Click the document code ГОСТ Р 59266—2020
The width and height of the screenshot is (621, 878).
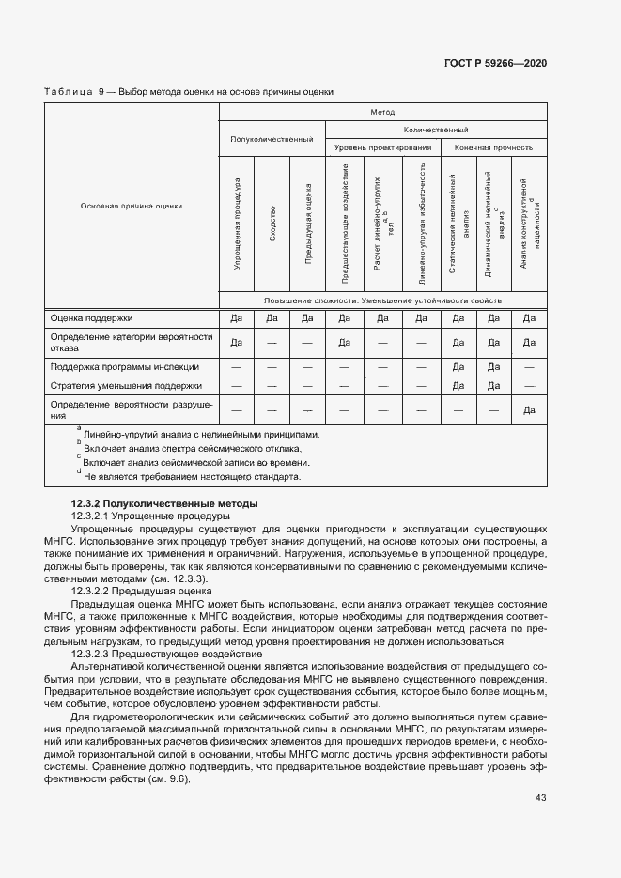(x=495, y=63)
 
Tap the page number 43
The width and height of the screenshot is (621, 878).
(x=541, y=798)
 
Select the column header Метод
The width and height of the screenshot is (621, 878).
(x=382, y=111)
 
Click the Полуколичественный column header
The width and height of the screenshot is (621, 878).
(x=272, y=139)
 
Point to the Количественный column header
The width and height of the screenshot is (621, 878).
(x=435, y=130)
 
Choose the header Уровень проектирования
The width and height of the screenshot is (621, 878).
(x=382, y=147)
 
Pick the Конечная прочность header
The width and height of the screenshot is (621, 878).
(x=493, y=147)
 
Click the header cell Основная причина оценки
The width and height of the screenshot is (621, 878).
(x=132, y=206)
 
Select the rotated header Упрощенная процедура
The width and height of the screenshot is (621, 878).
(x=237, y=225)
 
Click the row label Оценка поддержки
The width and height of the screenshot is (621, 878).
(x=92, y=317)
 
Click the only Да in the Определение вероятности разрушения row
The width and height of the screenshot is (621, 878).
(x=529, y=409)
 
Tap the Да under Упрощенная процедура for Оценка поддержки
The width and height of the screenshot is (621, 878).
(x=237, y=317)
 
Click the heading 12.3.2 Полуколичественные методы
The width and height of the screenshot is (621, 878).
(x=164, y=504)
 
